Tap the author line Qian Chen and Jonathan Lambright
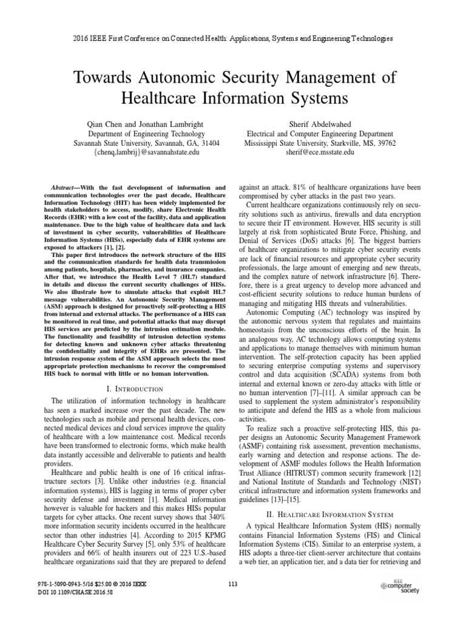click(146, 123)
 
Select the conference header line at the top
click(232, 38)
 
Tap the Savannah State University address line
click(146, 143)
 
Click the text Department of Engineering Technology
click(146, 134)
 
